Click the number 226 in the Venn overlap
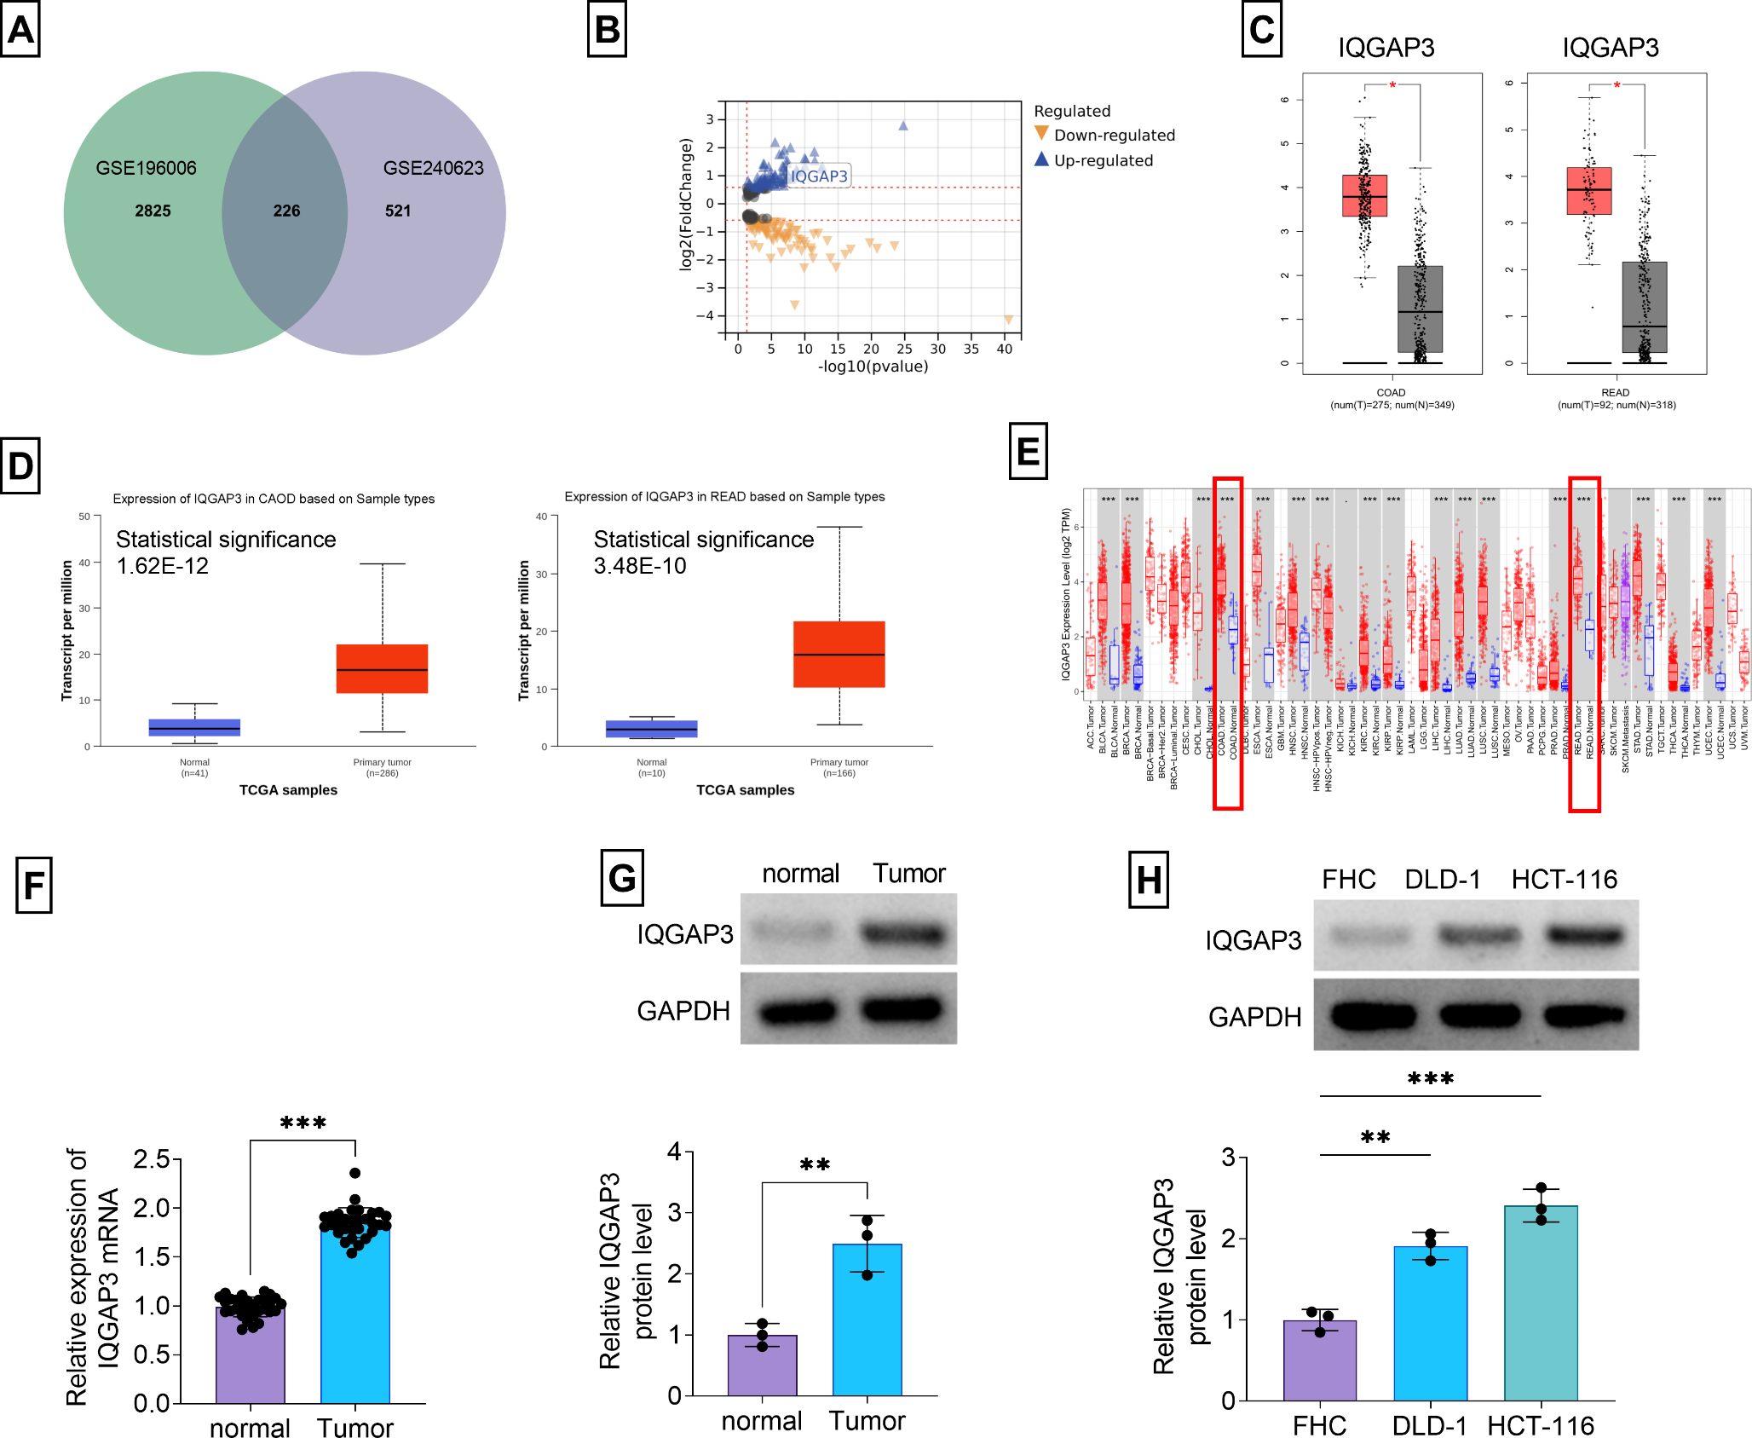point(286,211)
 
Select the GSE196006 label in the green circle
point(146,168)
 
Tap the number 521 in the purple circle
point(397,211)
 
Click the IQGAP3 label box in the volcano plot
point(818,176)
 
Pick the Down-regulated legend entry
point(1113,136)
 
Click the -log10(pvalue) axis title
point(873,367)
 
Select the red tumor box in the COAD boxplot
point(1364,195)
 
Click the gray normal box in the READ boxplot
point(1644,307)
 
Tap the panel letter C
point(1261,30)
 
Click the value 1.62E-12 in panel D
point(162,566)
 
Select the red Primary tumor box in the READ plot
point(839,654)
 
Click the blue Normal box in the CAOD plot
point(194,727)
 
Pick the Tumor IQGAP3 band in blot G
point(903,934)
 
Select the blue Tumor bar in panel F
point(354,1313)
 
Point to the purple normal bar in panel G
point(762,1365)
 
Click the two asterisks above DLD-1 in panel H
point(1375,1137)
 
